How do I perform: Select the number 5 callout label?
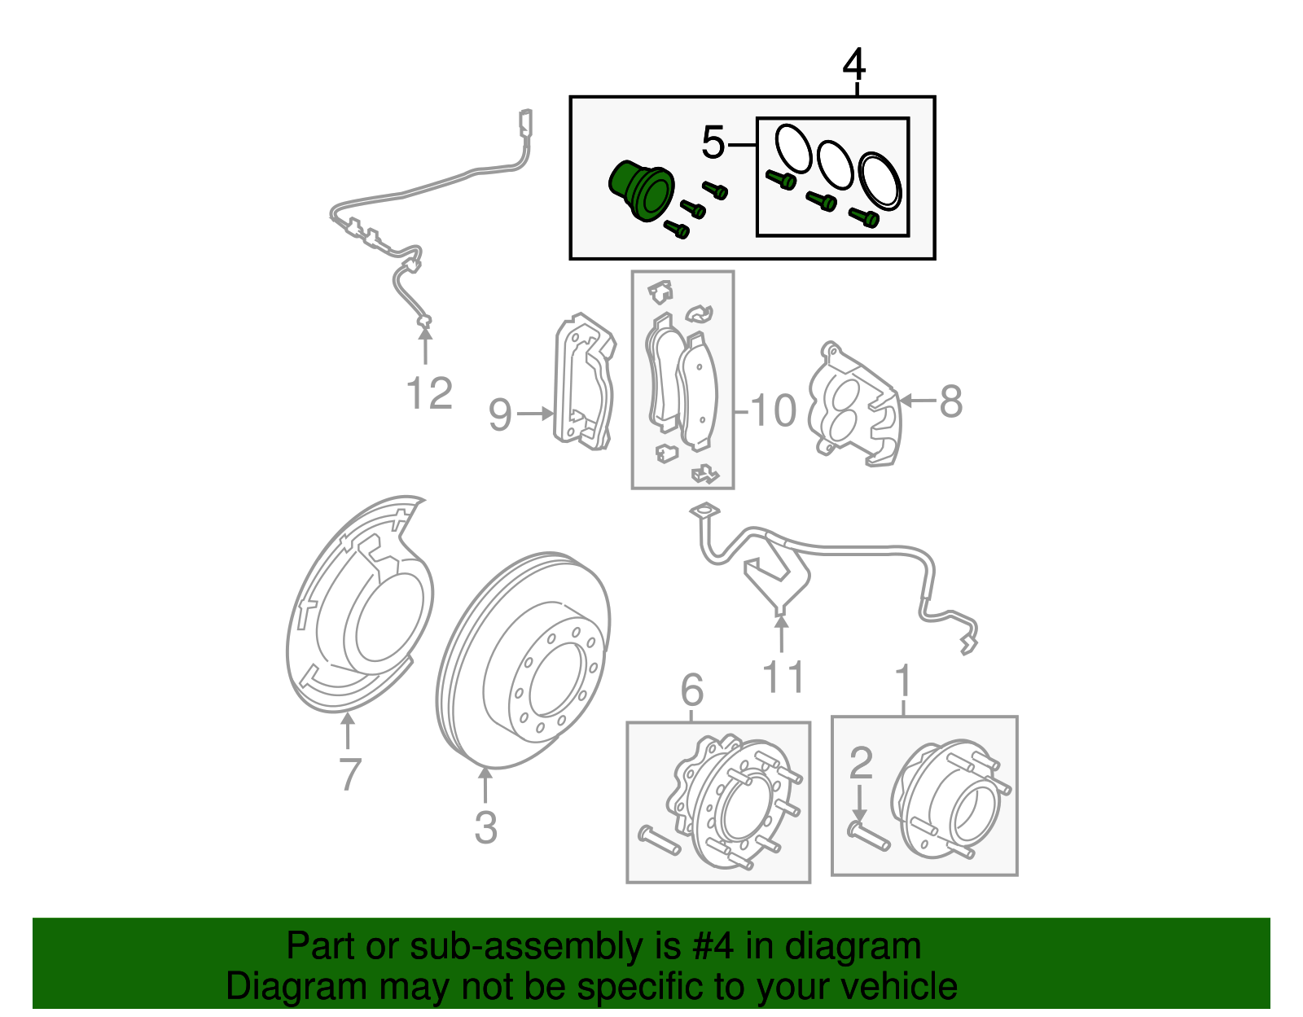point(713,143)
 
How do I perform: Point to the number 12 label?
point(429,394)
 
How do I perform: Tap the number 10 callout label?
point(773,410)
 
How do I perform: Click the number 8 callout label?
point(950,401)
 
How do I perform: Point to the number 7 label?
point(349,774)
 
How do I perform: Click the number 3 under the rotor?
point(485,827)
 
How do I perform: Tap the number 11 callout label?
point(783,677)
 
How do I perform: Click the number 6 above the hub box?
point(692,690)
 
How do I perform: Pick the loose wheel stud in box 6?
point(659,839)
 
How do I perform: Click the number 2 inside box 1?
point(860,763)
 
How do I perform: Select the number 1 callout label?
point(903,681)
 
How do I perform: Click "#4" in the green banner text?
point(713,946)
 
